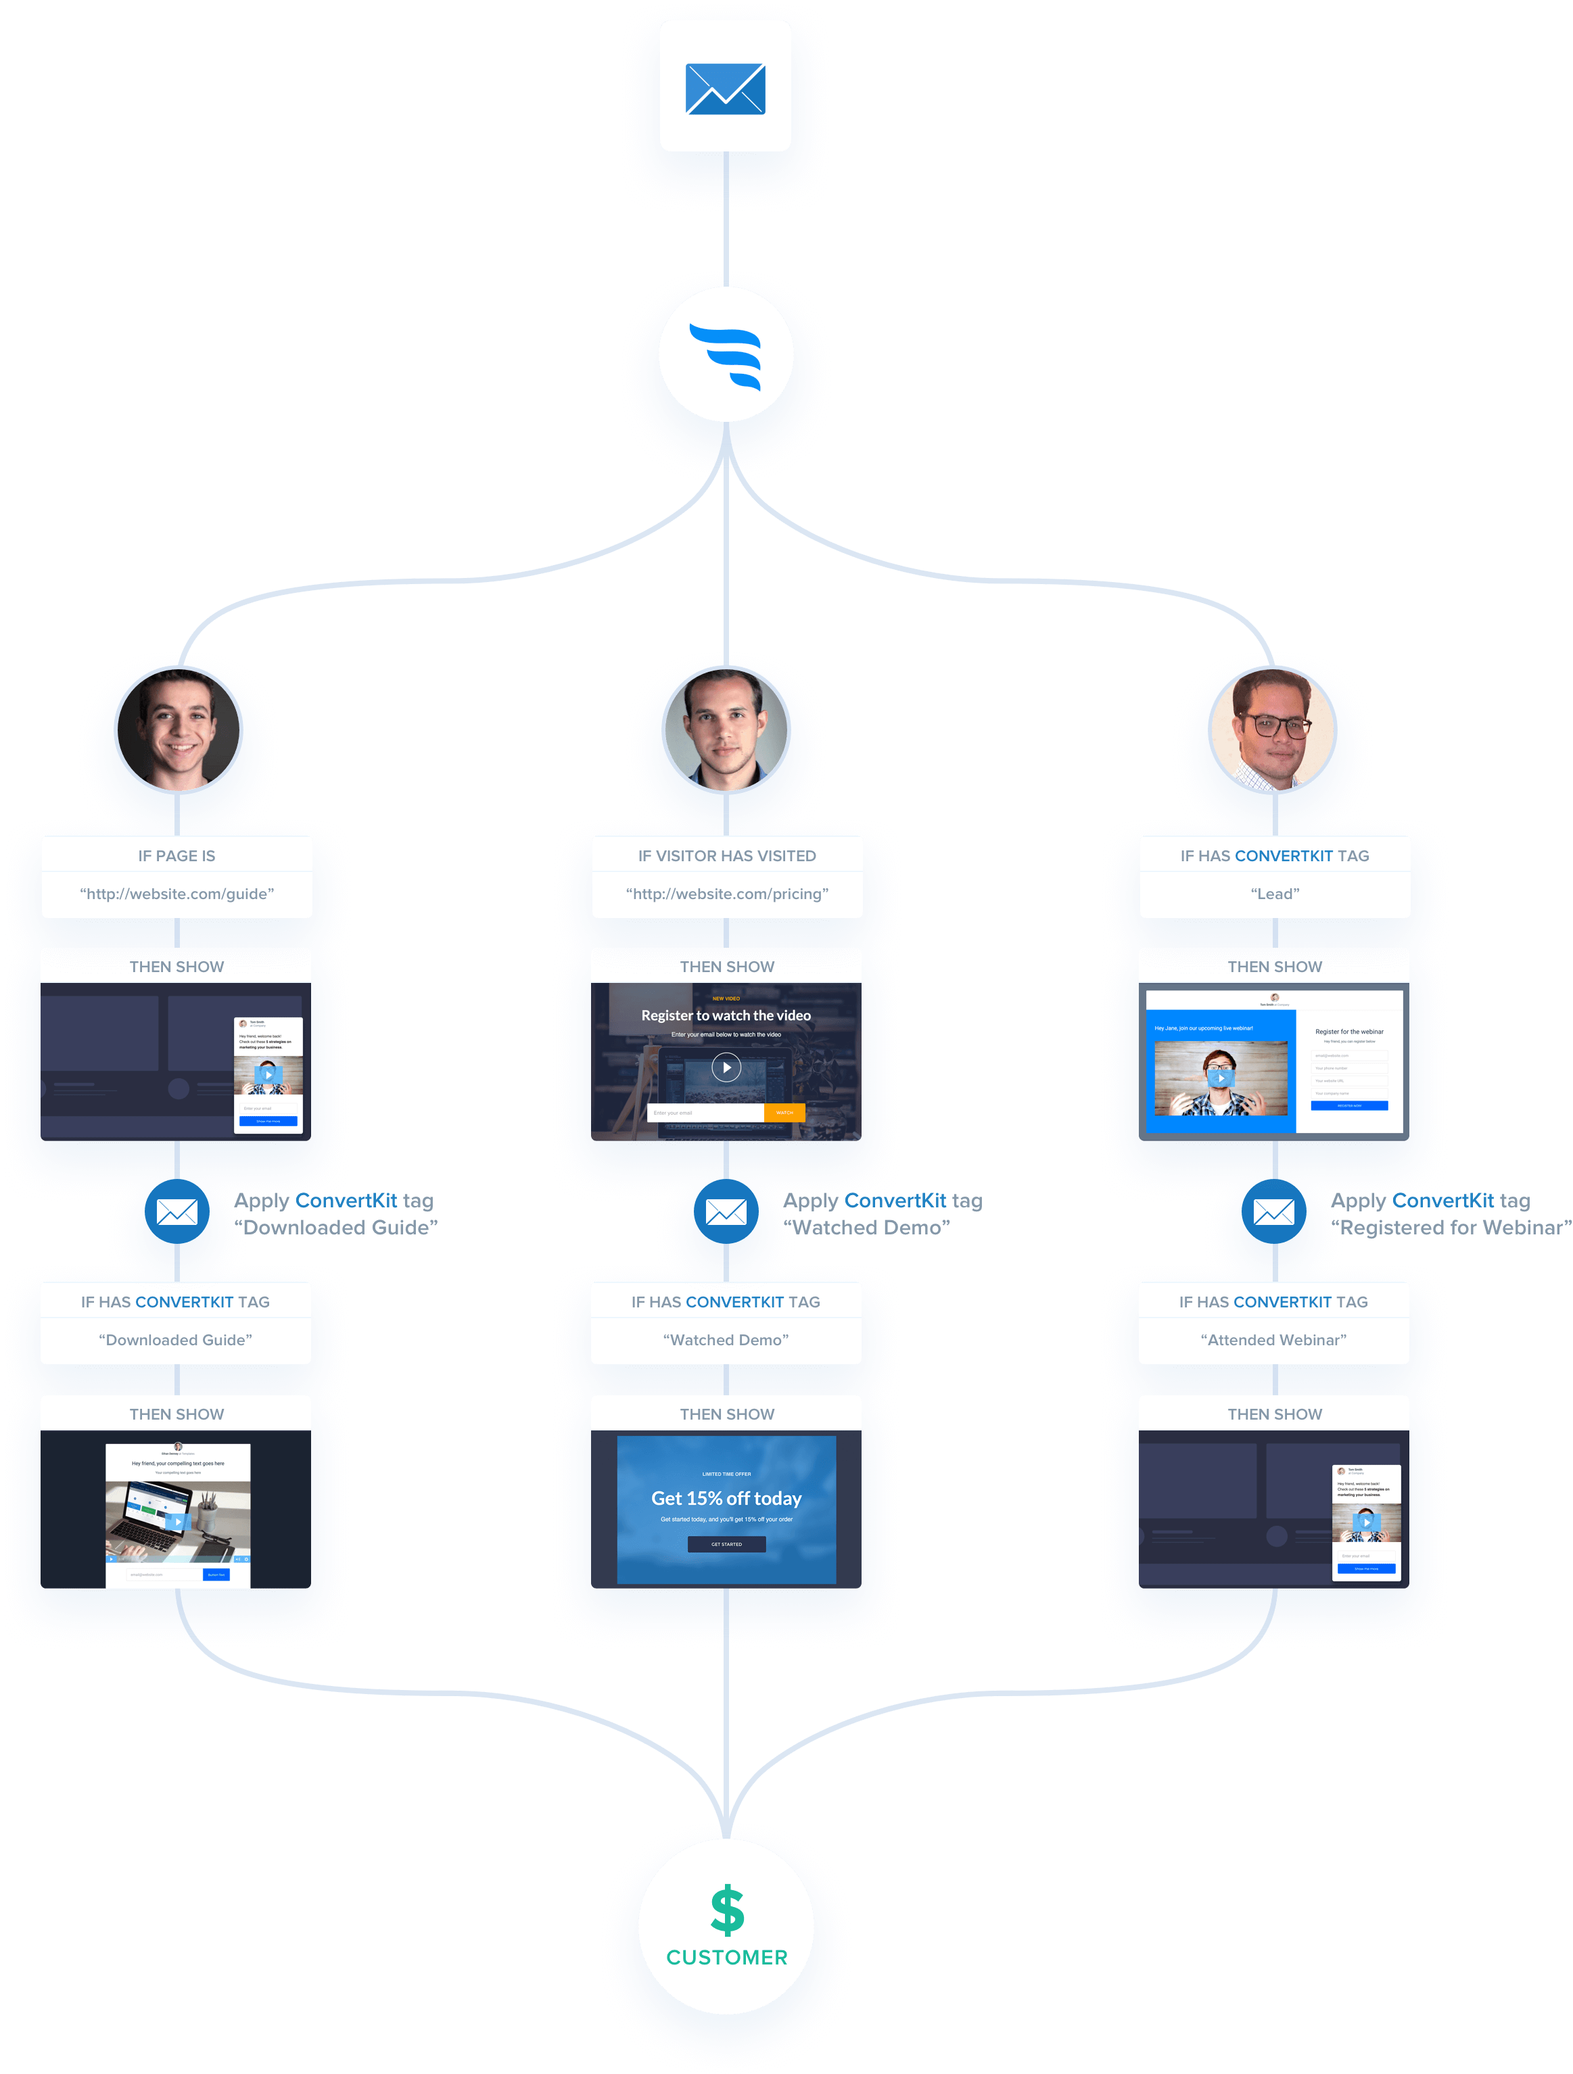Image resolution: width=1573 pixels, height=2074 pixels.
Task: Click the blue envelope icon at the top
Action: (x=725, y=89)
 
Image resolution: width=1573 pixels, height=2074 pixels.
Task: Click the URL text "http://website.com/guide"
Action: (x=177, y=894)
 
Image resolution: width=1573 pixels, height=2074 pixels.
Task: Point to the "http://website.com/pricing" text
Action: (x=727, y=894)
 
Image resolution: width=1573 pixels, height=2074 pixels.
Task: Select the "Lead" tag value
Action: (x=1275, y=894)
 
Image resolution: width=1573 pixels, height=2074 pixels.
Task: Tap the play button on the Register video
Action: (x=726, y=1067)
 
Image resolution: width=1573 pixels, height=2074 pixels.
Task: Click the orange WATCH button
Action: (x=784, y=1113)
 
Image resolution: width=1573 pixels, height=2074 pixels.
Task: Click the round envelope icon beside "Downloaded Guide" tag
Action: (x=177, y=1211)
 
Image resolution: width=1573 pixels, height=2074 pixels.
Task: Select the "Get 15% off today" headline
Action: (x=726, y=1498)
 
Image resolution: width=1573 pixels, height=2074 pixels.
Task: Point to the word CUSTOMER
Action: (x=727, y=1958)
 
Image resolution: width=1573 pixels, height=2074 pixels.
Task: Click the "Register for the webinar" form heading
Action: (x=1349, y=1032)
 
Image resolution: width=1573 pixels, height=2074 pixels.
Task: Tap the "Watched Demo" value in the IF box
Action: (x=726, y=1340)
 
